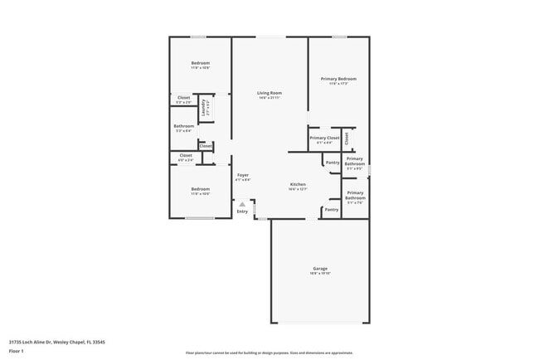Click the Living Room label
point(269,94)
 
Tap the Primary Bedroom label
point(338,79)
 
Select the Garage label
point(320,269)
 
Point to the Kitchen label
point(298,184)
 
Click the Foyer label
point(243,175)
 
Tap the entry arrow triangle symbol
point(242,204)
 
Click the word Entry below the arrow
point(242,212)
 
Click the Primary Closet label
point(324,138)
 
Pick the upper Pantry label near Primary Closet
point(332,163)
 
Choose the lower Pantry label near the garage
point(331,210)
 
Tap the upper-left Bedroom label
point(200,63)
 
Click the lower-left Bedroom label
point(200,189)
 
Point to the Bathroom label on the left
point(184,126)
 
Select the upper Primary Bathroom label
point(355,161)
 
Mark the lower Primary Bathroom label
point(355,197)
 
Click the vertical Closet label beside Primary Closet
point(347,138)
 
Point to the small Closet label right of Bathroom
point(206,146)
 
